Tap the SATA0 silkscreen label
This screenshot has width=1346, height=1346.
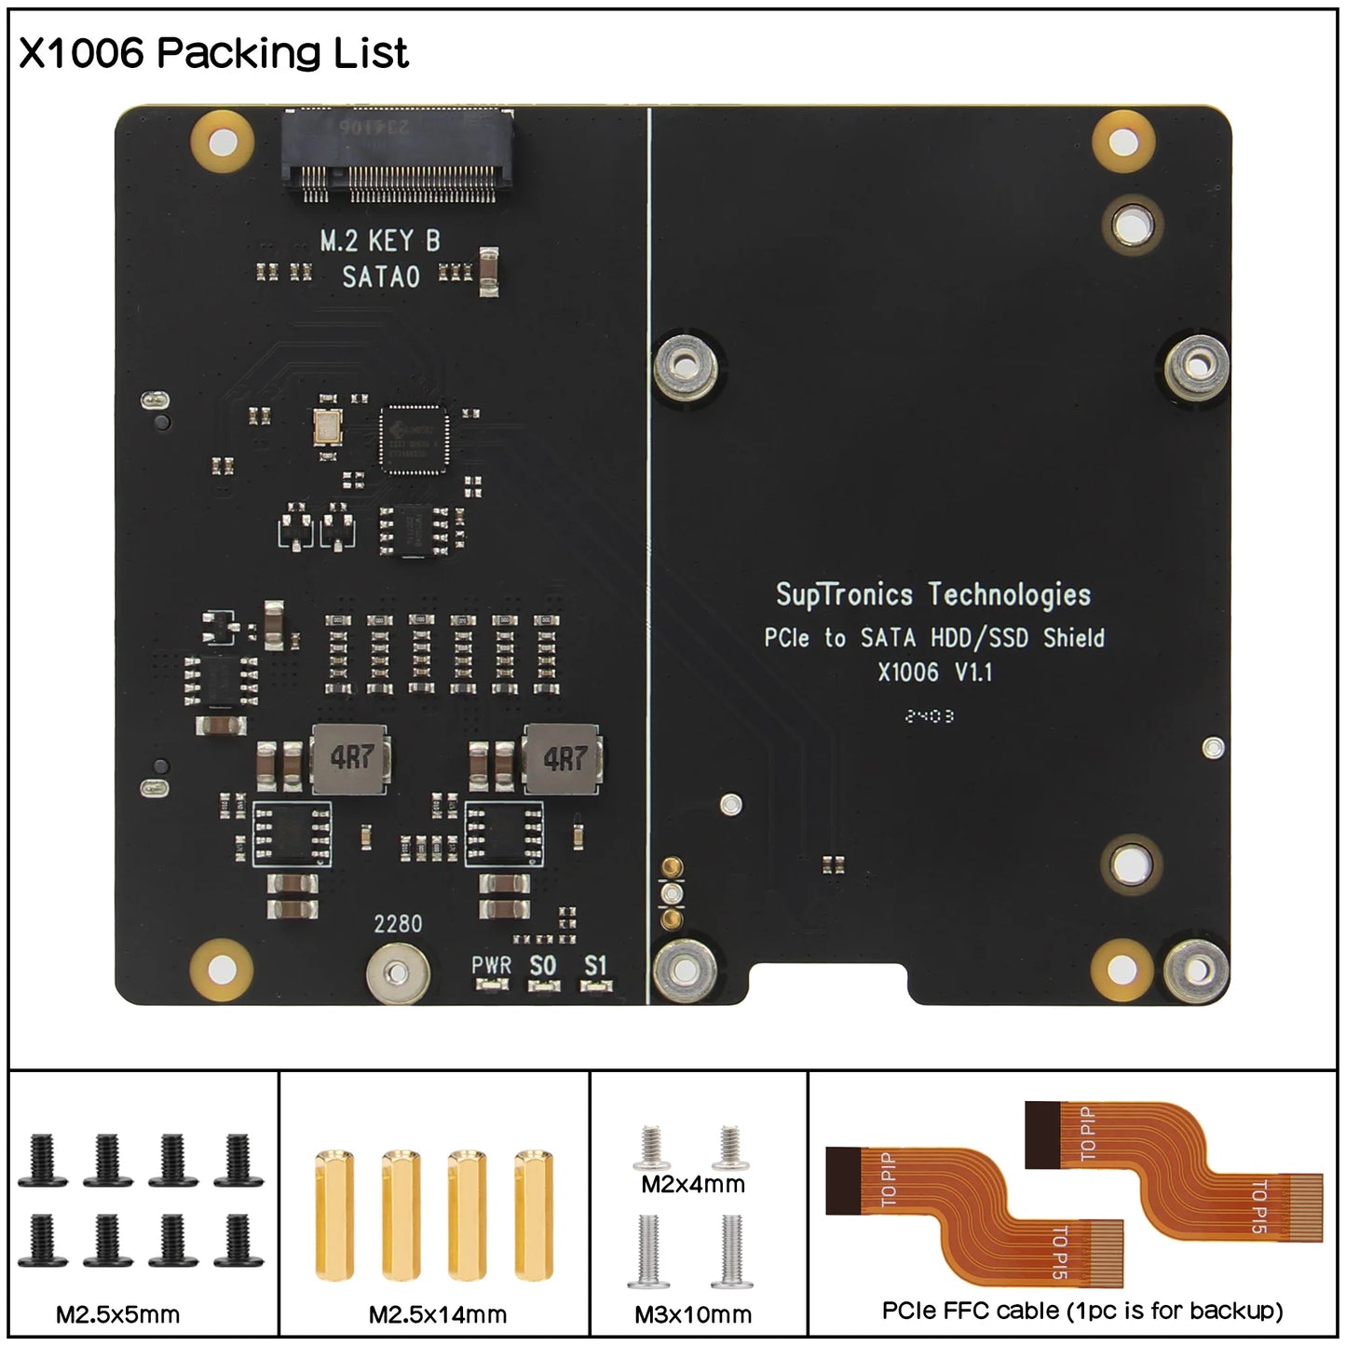(380, 277)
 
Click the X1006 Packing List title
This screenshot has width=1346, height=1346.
(213, 53)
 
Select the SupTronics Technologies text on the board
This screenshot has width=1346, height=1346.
(932, 594)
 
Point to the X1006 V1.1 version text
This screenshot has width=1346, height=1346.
(934, 672)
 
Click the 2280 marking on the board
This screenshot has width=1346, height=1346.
(398, 924)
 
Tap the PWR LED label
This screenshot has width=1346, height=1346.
(491, 966)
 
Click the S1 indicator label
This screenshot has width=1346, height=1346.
(595, 966)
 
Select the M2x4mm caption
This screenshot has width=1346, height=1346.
(693, 1184)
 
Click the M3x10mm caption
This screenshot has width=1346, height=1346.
(693, 1314)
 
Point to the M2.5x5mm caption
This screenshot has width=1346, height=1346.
(117, 1314)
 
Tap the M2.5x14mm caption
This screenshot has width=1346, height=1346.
(438, 1314)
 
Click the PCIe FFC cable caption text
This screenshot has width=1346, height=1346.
(1081, 1311)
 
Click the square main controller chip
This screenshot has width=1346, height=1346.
(414, 439)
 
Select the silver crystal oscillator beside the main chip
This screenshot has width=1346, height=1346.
(327, 428)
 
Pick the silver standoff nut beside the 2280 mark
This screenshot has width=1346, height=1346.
(398, 974)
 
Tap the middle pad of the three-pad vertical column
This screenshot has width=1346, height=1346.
(667, 895)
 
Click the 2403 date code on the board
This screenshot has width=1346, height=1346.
(929, 716)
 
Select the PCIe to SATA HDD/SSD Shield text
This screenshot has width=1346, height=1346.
(934, 638)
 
